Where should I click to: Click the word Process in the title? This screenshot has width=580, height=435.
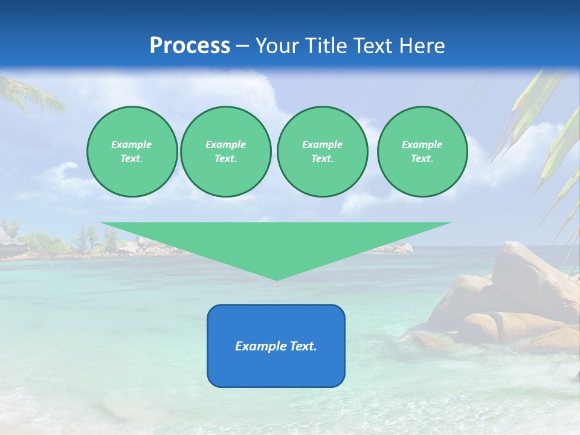click(190, 46)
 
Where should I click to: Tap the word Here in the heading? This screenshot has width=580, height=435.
click(421, 46)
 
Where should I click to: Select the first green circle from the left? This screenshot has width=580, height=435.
click(132, 152)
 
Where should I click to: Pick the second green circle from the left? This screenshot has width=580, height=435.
click(225, 152)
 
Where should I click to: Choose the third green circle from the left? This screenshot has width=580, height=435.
click(322, 152)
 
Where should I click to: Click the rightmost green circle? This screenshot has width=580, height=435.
click(422, 152)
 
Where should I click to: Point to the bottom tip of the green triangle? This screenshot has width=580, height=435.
click(277, 279)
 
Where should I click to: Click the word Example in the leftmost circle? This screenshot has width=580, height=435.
click(132, 144)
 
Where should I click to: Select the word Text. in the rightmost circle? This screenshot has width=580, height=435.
click(422, 159)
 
